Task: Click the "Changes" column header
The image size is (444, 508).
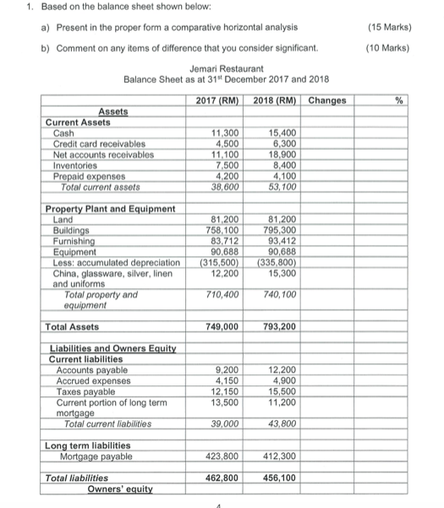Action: click(x=327, y=101)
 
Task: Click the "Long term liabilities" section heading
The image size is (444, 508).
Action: click(x=86, y=446)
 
